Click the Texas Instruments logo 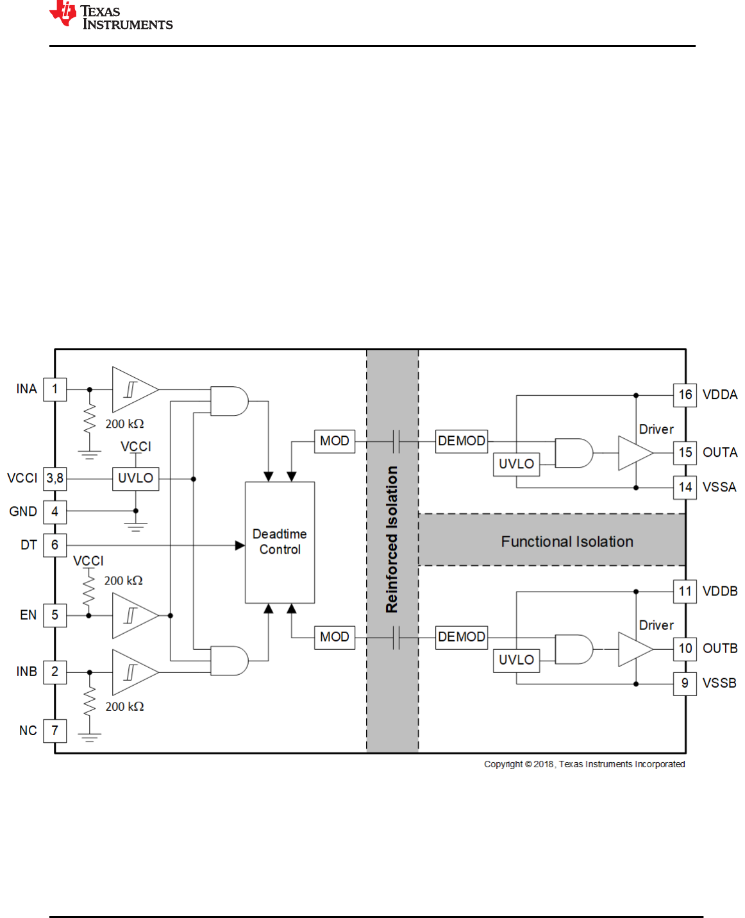[110, 16]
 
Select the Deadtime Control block [280, 542]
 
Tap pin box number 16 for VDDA [685, 395]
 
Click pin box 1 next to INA [55, 389]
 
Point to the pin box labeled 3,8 [55, 478]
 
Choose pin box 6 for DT [55, 545]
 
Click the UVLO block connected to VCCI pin [135, 478]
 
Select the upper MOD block [334, 441]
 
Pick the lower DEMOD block [461, 637]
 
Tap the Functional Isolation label [567, 542]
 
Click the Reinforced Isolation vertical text [392, 539]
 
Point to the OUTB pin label [720, 649]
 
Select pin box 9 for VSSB [685, 683]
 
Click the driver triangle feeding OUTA [634, 453]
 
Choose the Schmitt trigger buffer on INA [133, 389]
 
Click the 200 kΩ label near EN [123, 581]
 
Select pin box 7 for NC [55, 731]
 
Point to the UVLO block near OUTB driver [516, 660]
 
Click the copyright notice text [584, 764]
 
